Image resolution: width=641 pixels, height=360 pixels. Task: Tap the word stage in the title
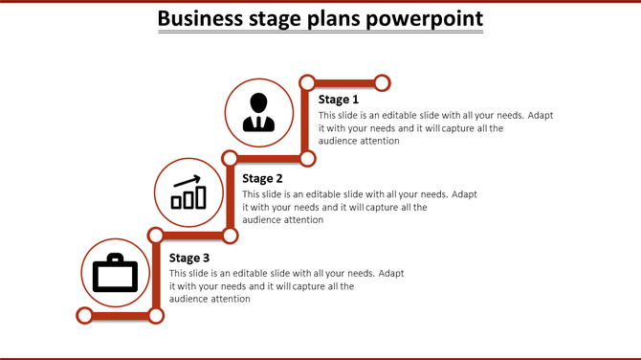tap(283, 18)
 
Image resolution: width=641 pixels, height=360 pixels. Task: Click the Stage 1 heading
tap(339, 100)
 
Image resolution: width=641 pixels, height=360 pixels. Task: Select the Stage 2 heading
tap(262, 178)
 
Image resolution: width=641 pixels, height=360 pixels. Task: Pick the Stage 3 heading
tap(189, 258)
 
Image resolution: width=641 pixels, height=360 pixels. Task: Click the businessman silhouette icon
tap(258, 111)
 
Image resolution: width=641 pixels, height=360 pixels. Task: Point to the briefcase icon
tap(115, 274)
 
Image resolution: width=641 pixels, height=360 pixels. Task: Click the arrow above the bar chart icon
tap(187, 180)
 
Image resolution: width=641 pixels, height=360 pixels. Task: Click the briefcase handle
tap(115, 259)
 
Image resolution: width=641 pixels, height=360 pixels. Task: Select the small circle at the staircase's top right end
tap(382, 81)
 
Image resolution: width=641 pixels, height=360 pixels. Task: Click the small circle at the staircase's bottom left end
tap(84, 315)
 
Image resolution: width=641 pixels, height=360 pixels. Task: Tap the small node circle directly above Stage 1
tap(307, 81)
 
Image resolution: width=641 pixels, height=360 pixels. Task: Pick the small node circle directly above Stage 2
tap(231, 157)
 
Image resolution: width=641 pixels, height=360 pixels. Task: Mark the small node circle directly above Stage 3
tap(156, 234)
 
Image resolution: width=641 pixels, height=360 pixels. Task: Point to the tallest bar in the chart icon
tap(201, 196)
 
